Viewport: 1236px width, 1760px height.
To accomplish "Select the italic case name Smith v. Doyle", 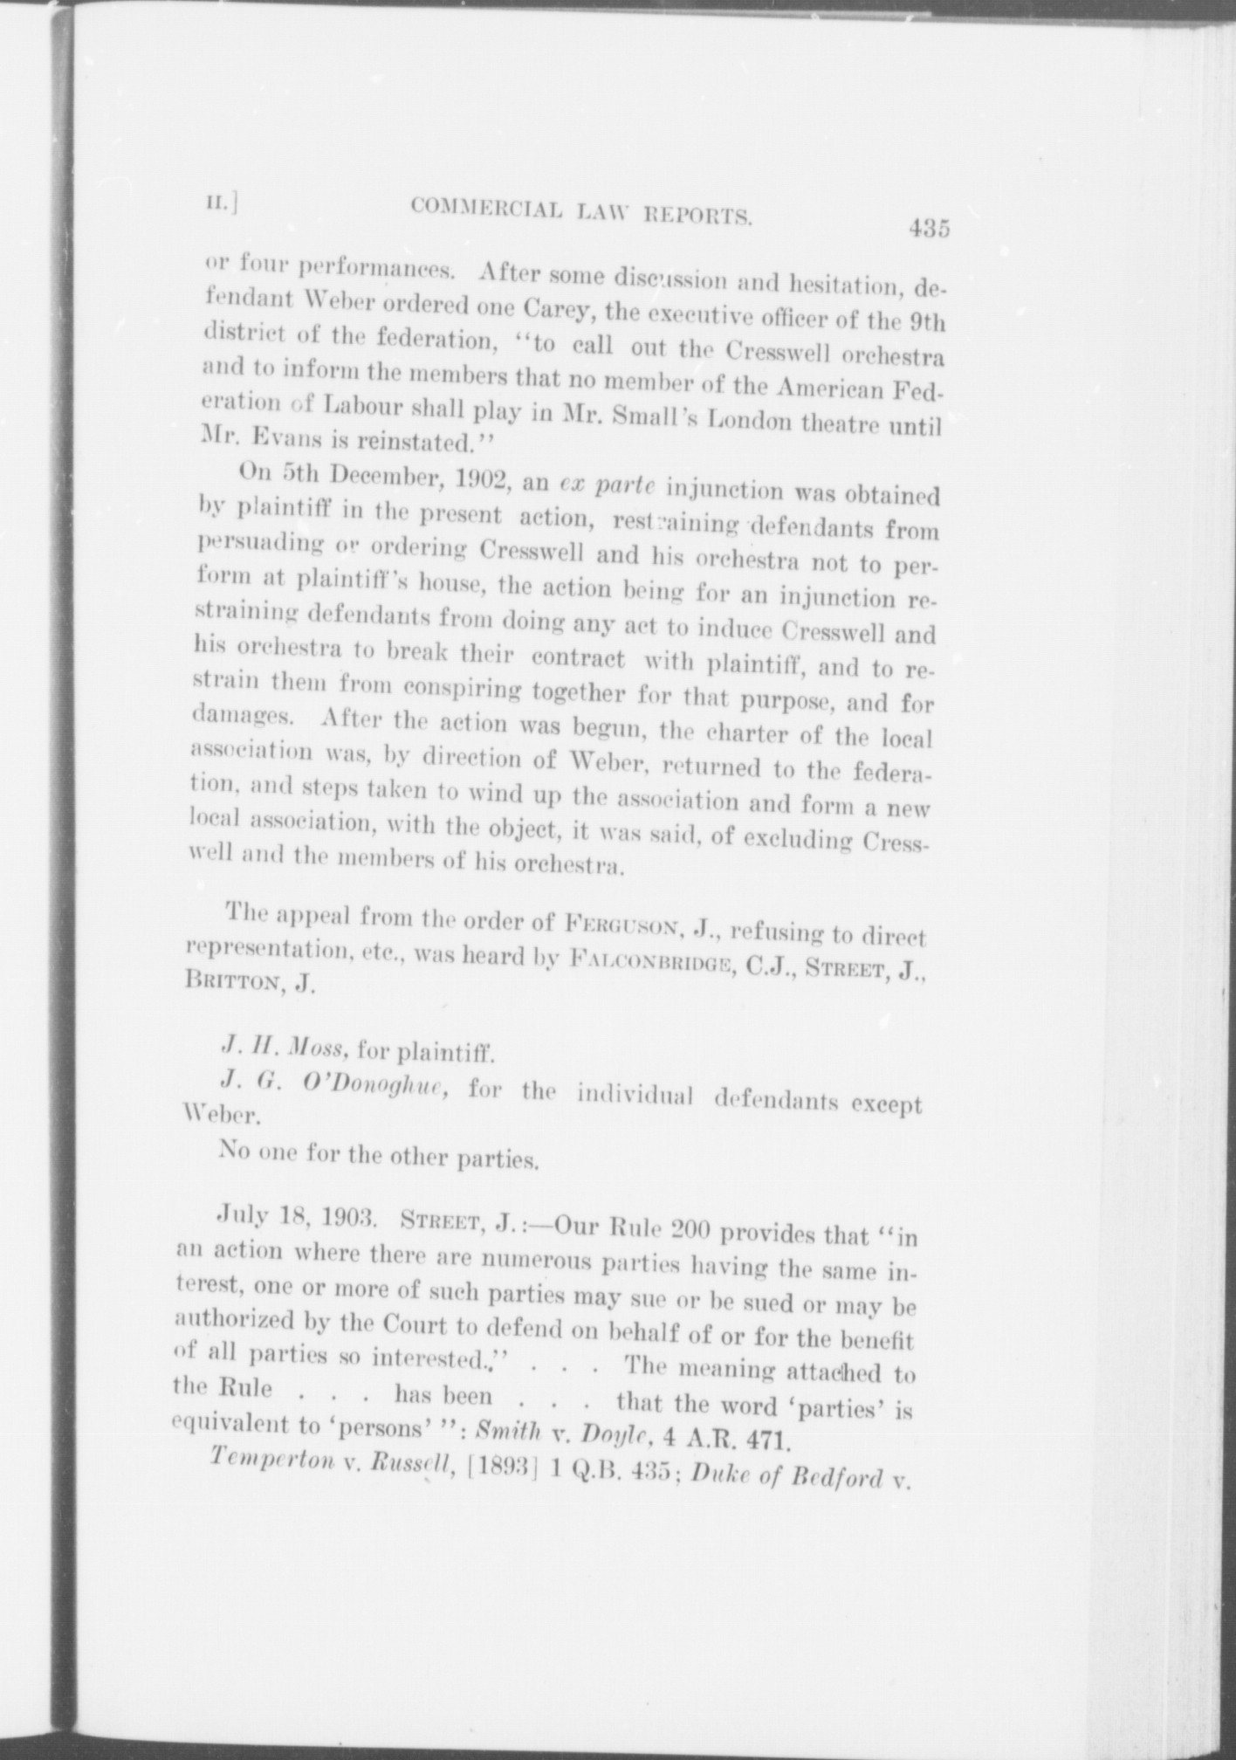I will pyautogui.click(x=559, y=1437).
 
